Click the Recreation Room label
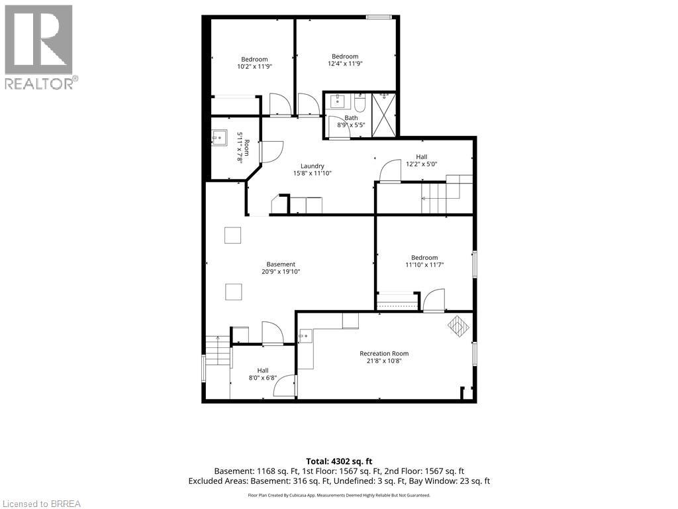[x=384, y=354]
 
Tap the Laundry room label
[x=313, y=166]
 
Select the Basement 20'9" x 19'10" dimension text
[x=281, y=272]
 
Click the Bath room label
[x=351, y=118]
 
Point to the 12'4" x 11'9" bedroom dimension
[x=345, y=64]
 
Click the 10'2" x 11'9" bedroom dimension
[x=254, y=67]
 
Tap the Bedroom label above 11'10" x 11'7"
[x=424, y=258]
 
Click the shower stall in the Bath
[x=383, y=115]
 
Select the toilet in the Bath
[x=360, y=103]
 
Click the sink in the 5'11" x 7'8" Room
[x=219, y=139]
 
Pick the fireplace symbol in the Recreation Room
[x=458, y=326]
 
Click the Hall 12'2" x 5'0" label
[x=422, y=160]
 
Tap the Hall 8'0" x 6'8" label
[x=263, y=374]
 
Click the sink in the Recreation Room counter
[x=305, y=336]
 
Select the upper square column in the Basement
[x=232, y=235]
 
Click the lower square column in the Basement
[x=234, y=292]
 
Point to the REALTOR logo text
[x=42, y=83]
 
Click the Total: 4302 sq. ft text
[x=339, y=461]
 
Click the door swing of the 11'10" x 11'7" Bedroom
[x=434, y=300]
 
